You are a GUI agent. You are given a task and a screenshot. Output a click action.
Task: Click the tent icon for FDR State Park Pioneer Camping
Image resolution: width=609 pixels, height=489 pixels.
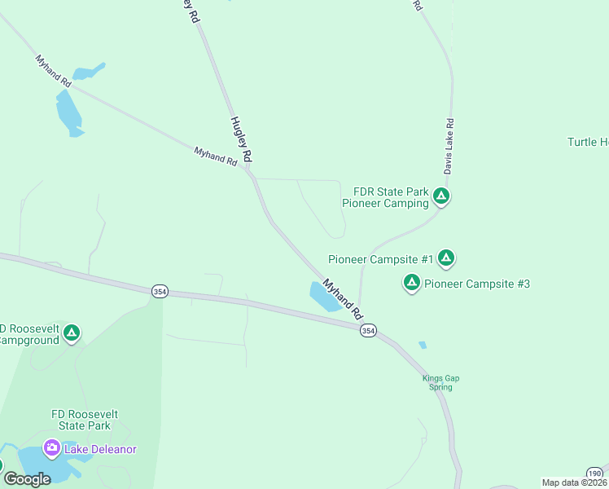440,196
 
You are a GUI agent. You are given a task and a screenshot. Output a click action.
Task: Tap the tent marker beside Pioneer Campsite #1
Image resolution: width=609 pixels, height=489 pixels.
445,258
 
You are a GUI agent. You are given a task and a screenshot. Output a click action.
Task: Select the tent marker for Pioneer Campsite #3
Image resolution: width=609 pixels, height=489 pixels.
412,283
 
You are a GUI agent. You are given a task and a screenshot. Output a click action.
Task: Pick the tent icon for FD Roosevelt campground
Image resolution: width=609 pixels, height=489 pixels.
72,333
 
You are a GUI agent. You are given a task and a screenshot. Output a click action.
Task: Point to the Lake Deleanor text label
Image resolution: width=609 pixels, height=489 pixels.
101,449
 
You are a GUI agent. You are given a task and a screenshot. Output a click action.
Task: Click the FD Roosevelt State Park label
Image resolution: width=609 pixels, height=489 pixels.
84,420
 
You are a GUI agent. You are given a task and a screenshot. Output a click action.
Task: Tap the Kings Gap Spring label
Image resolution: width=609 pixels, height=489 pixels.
437,382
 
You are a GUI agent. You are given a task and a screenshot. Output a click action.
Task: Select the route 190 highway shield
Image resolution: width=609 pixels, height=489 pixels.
595,473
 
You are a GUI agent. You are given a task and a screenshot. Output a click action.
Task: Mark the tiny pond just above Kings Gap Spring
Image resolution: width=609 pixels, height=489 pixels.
422,345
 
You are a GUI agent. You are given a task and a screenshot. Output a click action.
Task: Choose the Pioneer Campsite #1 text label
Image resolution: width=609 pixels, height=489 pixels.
381,259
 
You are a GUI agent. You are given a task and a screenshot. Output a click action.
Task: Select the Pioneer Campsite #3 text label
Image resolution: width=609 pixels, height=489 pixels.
477,284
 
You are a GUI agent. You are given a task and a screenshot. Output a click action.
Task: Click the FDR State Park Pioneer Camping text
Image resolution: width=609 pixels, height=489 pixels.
385,197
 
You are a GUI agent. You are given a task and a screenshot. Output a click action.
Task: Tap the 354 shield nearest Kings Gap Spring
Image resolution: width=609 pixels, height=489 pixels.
368,330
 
